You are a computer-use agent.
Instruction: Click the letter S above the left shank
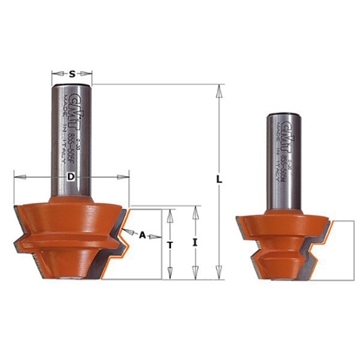click(72, 75)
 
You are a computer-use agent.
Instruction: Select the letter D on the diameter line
click(72, 180)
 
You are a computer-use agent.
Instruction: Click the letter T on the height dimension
click(171, 245)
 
